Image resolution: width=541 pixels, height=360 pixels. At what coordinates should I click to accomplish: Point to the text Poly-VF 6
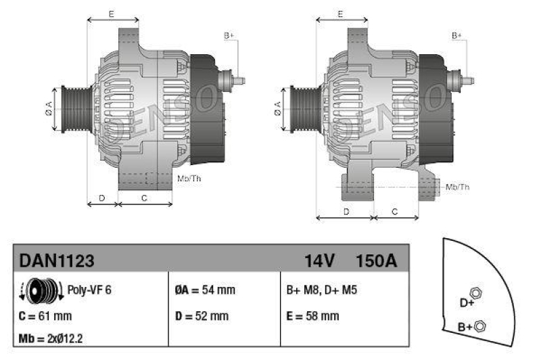pos(90,290)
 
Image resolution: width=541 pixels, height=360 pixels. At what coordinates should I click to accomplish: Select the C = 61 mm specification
pos(46,315)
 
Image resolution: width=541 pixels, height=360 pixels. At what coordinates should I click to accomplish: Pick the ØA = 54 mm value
pos(205,290)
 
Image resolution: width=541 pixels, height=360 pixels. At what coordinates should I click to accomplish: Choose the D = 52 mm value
pos(202,315)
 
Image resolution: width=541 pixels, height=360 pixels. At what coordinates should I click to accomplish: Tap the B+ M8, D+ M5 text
pos(322,290)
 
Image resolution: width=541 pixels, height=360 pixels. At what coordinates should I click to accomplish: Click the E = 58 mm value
pos(313,315)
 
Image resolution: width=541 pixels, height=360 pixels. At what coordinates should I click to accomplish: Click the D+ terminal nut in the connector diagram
pos(475,293)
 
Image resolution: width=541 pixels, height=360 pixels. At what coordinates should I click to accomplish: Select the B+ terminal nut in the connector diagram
pos(480,326)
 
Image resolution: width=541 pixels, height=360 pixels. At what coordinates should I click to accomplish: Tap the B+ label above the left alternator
pos(229,35)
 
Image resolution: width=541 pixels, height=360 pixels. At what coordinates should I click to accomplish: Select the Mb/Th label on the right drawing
pos(458,186)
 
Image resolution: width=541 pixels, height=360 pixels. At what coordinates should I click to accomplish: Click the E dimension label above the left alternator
pos(111,14)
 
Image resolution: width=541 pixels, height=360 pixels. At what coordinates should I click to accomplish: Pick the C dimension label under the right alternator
pos(395,212)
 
